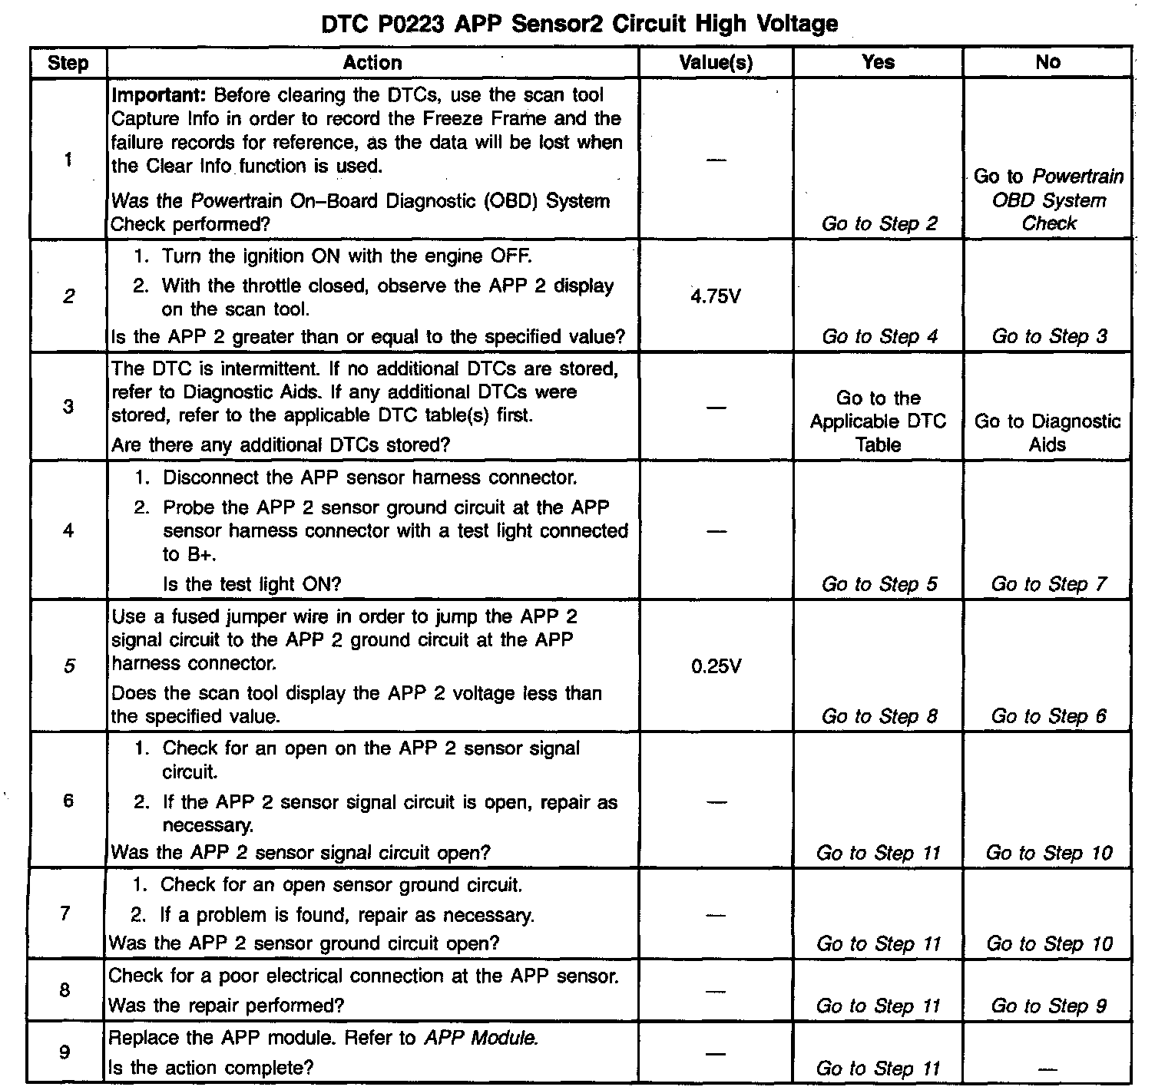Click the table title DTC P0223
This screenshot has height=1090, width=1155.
[x=579, y=24]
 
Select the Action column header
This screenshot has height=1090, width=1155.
[x=372, y=62]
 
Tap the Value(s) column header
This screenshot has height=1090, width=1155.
[x=716, y=62]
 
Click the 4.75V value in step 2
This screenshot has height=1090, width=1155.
[x=716, y=297]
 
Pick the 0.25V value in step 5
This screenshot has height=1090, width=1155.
[x=716, y=666]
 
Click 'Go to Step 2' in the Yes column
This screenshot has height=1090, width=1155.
[x=879, y=224]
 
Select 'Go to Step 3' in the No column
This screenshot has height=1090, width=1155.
[x=1049, y=336]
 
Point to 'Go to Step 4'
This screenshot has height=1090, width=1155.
[x=879, y=336]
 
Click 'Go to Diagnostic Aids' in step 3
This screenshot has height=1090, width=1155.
[x=1047, y=433]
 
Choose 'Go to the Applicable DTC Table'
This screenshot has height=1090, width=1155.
[x=878, y=421]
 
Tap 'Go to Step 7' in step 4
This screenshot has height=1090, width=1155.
[x=1049, y=584]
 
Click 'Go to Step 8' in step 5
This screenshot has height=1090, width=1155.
[x=879, y=716]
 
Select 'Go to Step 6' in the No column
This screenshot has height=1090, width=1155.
[x=1049, y=716]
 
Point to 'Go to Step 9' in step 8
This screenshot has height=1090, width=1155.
[x=1049, y=1006]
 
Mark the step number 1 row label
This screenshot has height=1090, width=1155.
[x=68, y=160]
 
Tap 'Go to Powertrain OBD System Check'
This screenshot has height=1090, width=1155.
[x=1048, y=200]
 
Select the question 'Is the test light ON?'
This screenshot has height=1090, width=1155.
[x=252, y=584]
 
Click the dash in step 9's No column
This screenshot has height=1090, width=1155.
[x=1048, y=1068]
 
